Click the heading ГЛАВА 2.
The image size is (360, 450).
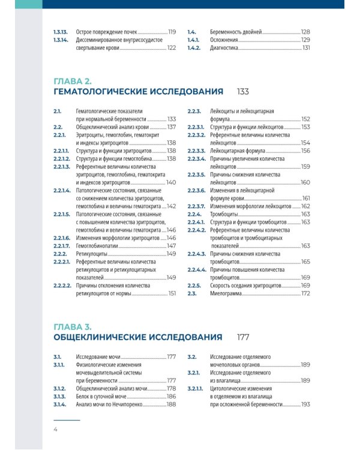click(72, 81)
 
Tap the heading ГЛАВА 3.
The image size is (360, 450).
click(72, 327)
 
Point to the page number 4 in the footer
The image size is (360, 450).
click(55, 430)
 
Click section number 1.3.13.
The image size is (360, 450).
click(61, 31)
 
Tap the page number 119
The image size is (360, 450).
click(172, 31)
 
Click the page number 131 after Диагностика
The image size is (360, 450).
click(305, 48)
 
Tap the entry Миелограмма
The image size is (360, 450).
click(228, 293)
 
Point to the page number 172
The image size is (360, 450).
click(305, 293)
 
